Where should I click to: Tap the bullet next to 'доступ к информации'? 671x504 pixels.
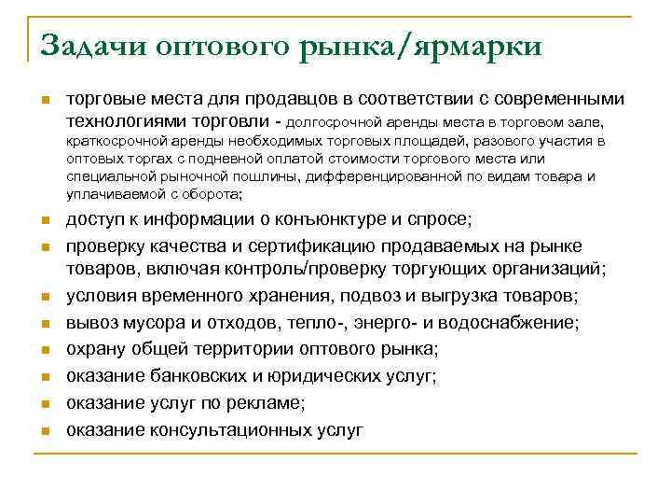click(45, 221)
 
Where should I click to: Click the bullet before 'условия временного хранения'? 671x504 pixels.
click(45, 298)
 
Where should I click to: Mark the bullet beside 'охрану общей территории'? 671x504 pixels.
click(45, 351)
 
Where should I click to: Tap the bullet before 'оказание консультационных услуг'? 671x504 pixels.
click(45, 431)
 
